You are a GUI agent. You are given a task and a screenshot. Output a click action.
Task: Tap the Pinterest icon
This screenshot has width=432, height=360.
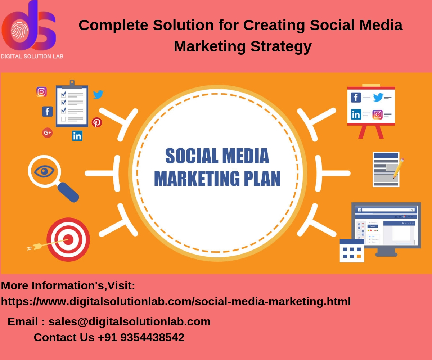coord(96,122)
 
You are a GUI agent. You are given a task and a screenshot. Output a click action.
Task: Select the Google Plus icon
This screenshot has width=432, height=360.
coord(47,133)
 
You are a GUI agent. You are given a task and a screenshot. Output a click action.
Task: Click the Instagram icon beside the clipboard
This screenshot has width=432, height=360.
coord(41,92)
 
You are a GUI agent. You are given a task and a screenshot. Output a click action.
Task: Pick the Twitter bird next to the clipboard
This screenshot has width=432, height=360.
coord(98,95)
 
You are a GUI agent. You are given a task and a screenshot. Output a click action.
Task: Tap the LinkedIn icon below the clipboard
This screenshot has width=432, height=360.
coord(77,136)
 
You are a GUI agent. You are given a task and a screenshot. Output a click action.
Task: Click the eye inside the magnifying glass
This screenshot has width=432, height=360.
coord(44,171)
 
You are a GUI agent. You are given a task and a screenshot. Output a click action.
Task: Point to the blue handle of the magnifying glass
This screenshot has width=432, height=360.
coord(68,192)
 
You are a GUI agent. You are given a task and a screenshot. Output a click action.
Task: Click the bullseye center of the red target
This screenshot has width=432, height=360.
coord(68,239)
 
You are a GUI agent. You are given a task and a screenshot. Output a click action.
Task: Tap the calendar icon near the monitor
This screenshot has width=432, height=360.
coord(352,251)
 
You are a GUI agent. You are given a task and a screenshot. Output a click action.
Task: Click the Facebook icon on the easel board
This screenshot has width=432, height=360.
coord(356,97)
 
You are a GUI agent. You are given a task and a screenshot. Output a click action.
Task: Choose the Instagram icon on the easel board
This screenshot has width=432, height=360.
coord(377,114)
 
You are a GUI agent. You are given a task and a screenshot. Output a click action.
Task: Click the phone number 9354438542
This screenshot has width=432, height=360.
coord(152,337)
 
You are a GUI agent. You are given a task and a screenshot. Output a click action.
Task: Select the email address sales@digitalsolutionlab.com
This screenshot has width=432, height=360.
coord(130,321)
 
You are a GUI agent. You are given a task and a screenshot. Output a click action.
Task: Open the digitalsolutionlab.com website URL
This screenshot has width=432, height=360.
coord(176,301)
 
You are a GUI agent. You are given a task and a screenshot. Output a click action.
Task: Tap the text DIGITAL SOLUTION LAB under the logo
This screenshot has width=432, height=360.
coord(32,56)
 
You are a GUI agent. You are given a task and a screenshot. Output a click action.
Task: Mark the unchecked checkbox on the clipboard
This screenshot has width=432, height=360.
coord(63,119)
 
